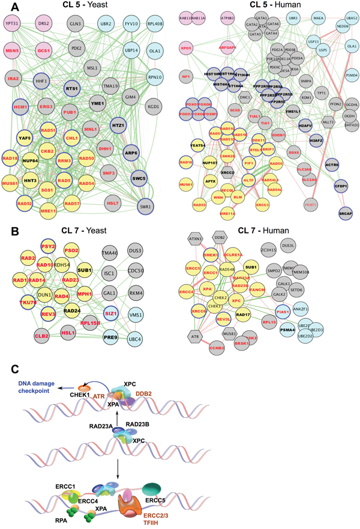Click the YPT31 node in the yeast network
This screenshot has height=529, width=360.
[x=13, y=25]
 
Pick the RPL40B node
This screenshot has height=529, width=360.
[x=155, y=25]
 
